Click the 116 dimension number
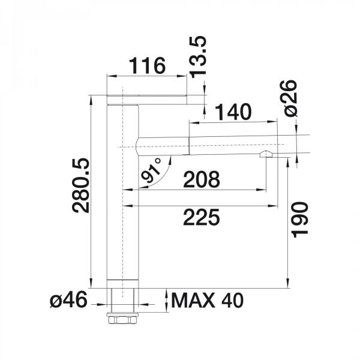[147, 65]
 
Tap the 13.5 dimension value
[199, 57]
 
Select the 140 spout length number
[234, 112]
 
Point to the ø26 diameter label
[290, 98]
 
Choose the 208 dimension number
[202, 179]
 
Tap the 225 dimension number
[202, 217]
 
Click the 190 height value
[299, 220]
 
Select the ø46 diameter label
[68, 299]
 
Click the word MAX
[193, 300]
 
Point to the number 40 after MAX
[232, 300]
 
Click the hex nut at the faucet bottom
[122, 319]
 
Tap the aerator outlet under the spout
[266, 154]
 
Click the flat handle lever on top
[147, 99]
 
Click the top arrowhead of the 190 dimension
[287, 163]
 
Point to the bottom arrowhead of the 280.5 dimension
[91, 283]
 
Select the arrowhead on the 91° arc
[170, 160]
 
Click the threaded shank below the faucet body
[122, 300]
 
